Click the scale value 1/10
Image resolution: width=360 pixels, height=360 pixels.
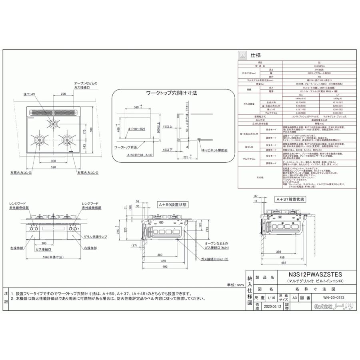(x=271, y=298)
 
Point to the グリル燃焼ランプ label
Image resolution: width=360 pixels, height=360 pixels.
(x=94, y=238)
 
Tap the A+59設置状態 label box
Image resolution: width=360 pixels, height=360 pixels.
(x=172, y=204)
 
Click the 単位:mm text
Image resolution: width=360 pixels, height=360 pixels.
(x=235, y=284)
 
